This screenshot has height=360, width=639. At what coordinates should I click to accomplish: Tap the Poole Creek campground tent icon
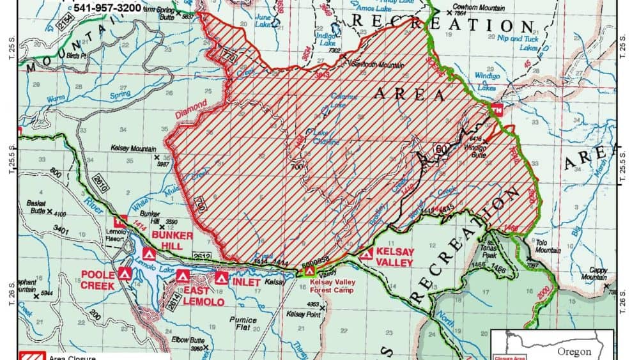click(x=125, y=273)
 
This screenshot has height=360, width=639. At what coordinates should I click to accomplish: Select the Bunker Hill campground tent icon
click(x=148, y=253)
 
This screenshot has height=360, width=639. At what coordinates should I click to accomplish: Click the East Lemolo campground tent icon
click(x=183, y=277)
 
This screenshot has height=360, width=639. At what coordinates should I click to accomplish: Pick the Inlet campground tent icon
click(x=222, y=278)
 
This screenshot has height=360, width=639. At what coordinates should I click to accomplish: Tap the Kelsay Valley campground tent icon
click(x=366, y=254)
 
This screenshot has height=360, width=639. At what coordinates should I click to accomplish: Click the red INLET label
click(x=246, y=281)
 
